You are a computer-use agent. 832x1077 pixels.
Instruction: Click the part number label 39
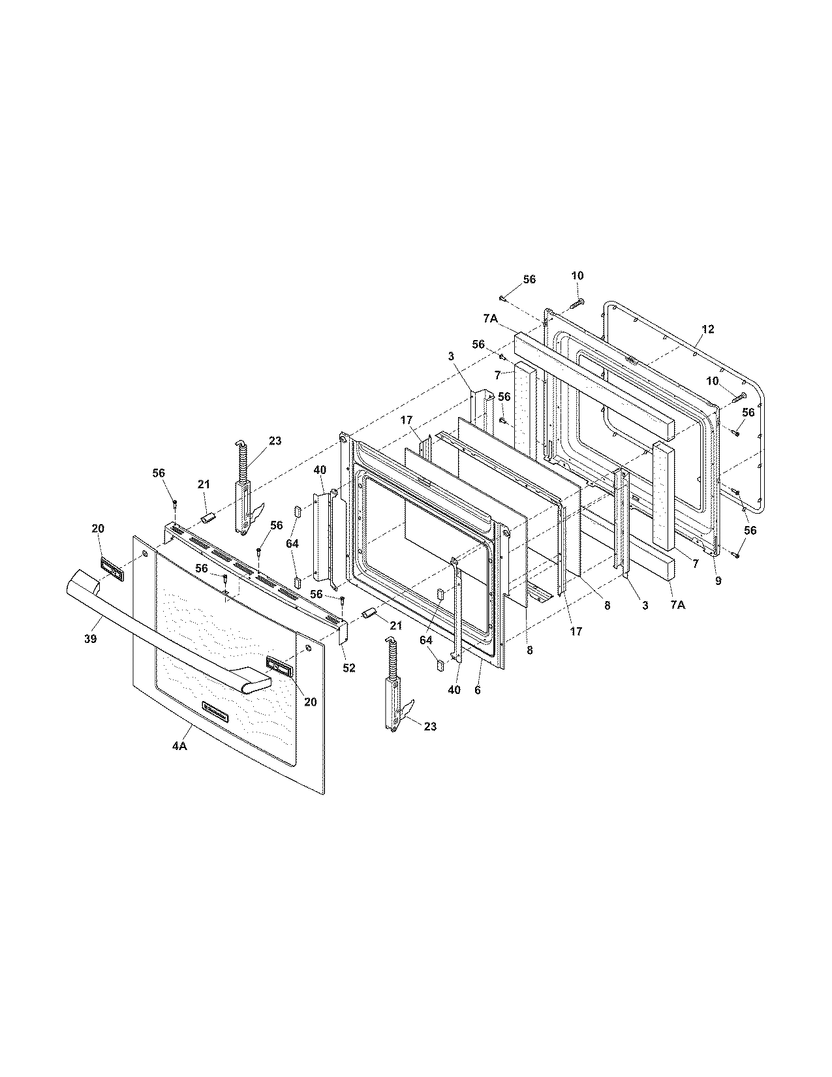(x=90, y=638)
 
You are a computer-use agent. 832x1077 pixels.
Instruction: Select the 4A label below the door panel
(x=179, y=746)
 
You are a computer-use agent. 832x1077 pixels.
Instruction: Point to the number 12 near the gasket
(x=708, y=329)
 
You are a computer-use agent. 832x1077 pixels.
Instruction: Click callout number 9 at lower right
(x=718, y=580)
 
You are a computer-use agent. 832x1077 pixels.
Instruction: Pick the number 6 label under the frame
(x=478, y=690)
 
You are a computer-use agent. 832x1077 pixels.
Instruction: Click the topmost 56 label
(x=529, y=279)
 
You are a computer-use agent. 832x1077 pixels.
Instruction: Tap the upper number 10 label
(x=578, y=275)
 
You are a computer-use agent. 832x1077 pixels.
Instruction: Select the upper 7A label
(x=491, y=318)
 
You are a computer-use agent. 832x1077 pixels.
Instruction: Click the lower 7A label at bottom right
(x=677, y=605)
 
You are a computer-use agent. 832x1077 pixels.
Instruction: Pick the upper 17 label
(x=406, y=420)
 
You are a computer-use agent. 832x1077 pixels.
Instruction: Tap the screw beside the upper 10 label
(x=574, y=303)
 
